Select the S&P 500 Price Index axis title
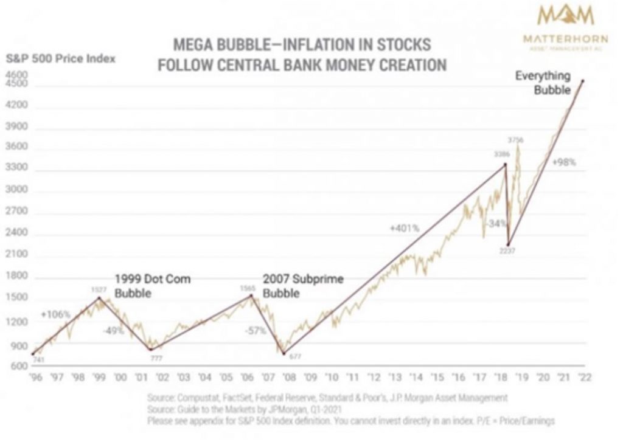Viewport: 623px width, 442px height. pyautogui.click(x=60, y=60)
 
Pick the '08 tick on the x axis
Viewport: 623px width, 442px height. pyautogui.click(x=288, y=378)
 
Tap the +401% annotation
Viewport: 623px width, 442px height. pyautogui.click(x=405, y=229)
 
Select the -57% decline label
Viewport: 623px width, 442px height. pyautogui.click(x=254, y=331)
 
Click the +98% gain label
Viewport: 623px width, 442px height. pyautogui.click(x=563, y=163)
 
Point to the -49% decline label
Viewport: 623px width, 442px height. pyautogui.click(x=114, y=331)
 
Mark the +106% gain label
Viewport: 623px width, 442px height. pyautogui.click(x=56, y=314)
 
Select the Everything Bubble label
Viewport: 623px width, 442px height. pyautogui.click(x=543, y=83)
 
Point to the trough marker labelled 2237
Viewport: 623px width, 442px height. pyautogui.click(x=509, y=244)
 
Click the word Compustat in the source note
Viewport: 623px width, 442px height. pyautogui.click(x=201, y=397)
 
